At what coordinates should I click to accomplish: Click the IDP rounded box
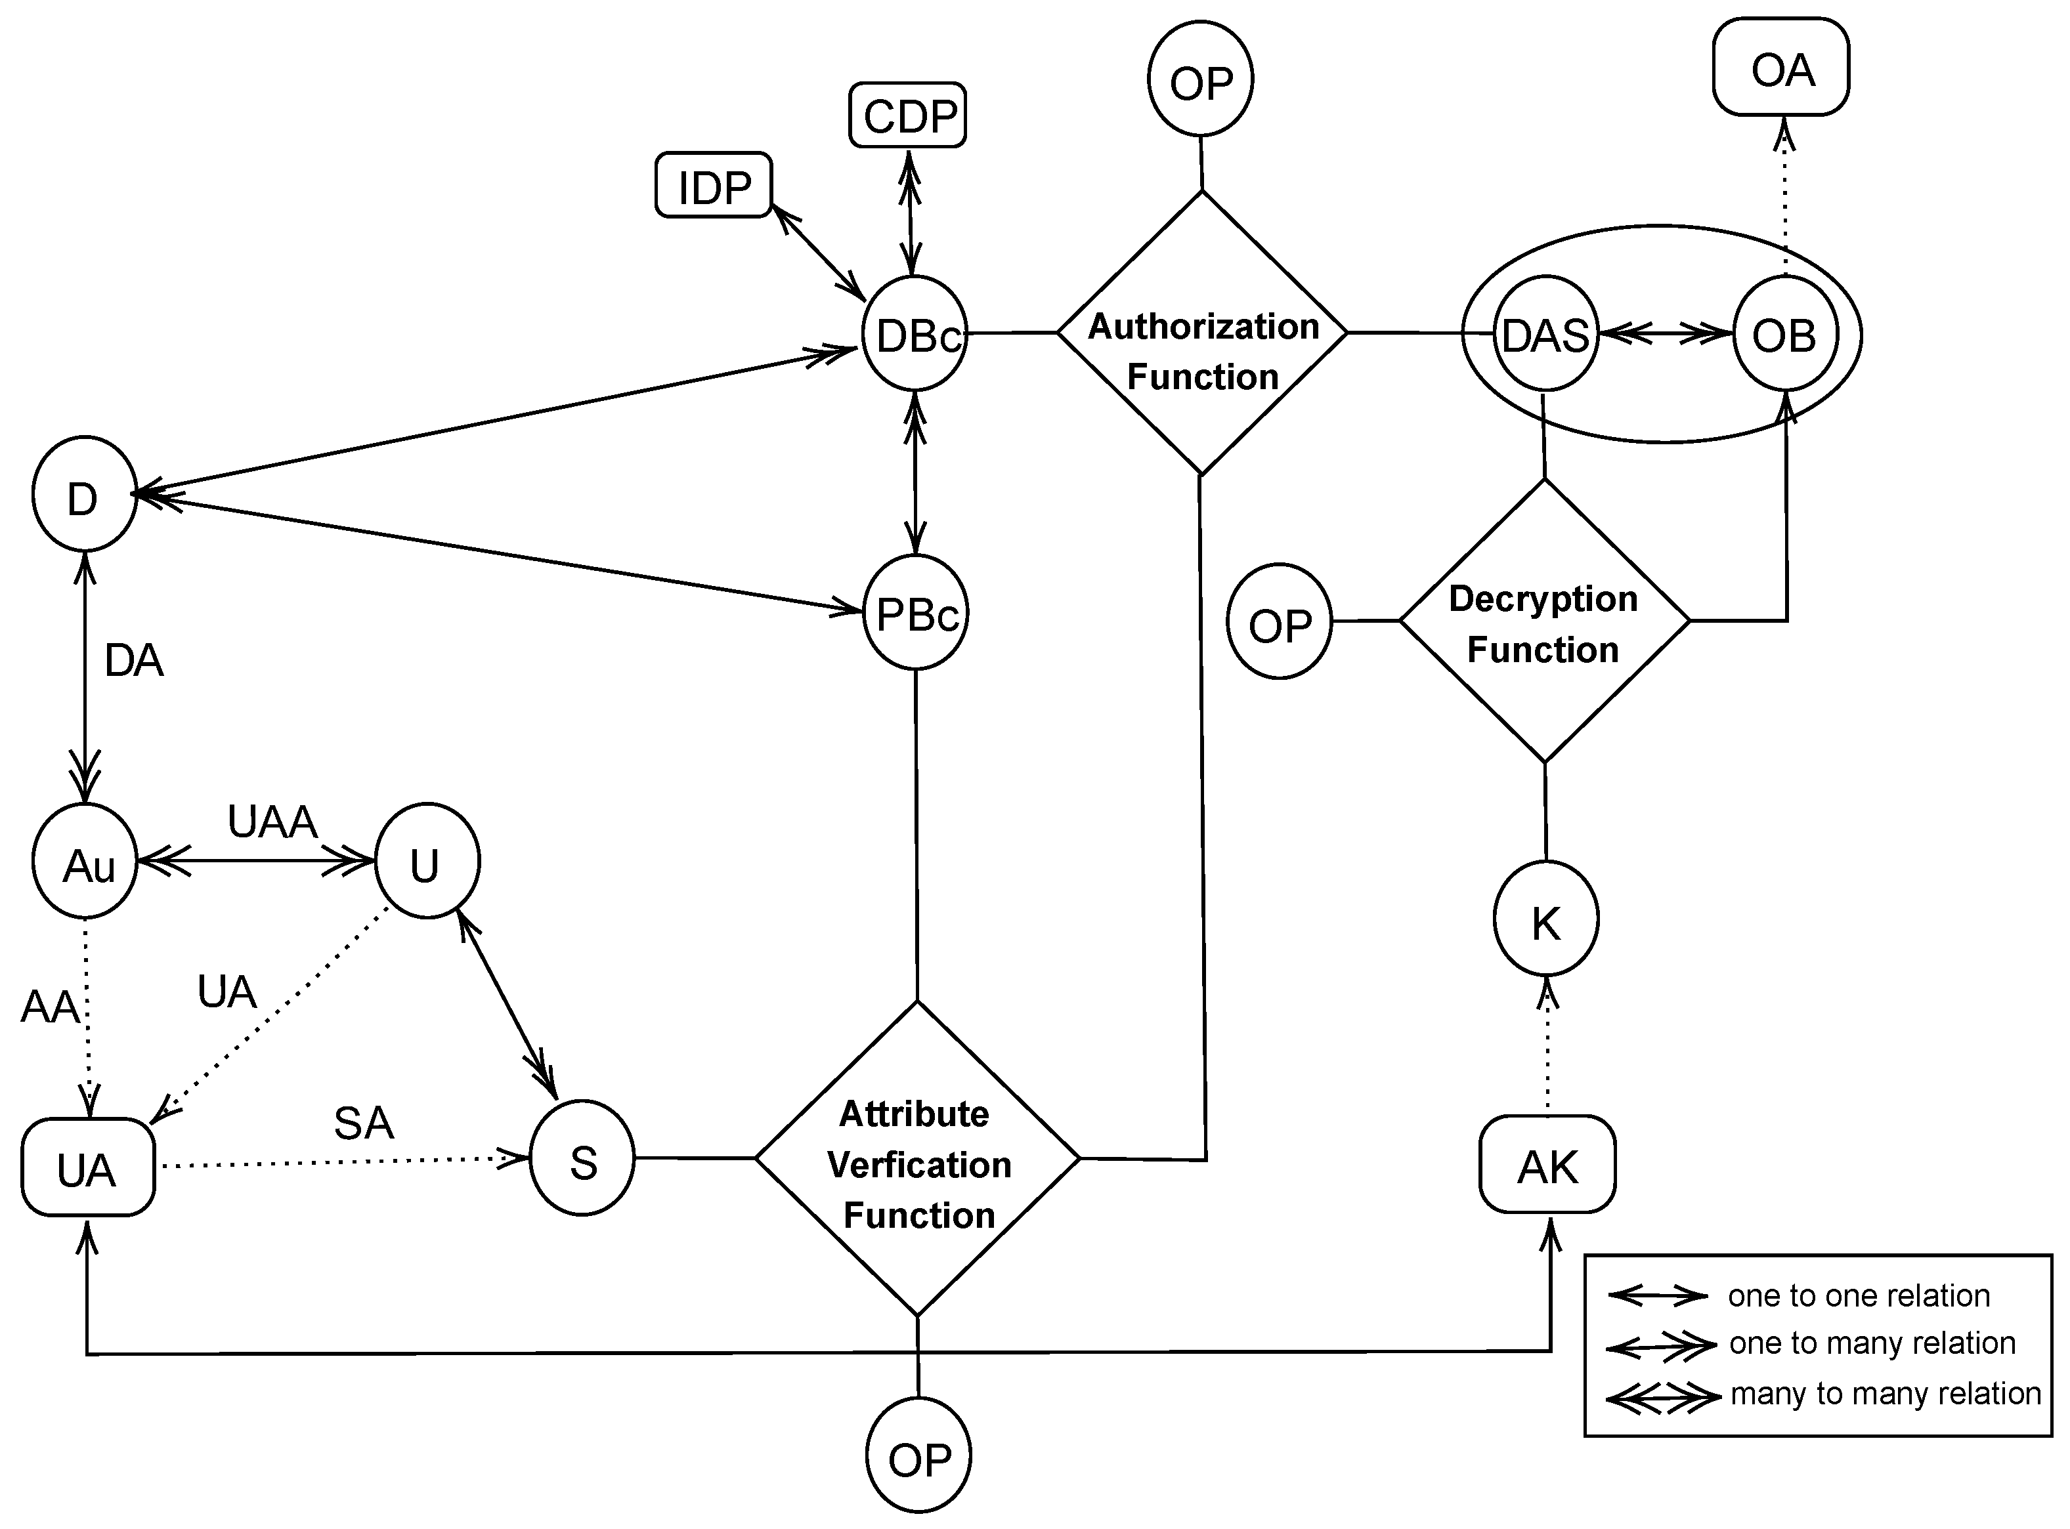[x=713, y=186]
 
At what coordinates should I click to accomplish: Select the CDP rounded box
[x=907, y=115]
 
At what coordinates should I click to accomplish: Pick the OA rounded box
[x=1780, y=68]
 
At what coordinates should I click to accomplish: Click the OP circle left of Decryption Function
[x=1280, y=622]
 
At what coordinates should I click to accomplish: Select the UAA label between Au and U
[x=272, y=821]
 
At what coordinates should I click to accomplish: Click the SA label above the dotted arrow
[x=364, y=1123]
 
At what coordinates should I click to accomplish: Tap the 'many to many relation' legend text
[x=1885, y=1393]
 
